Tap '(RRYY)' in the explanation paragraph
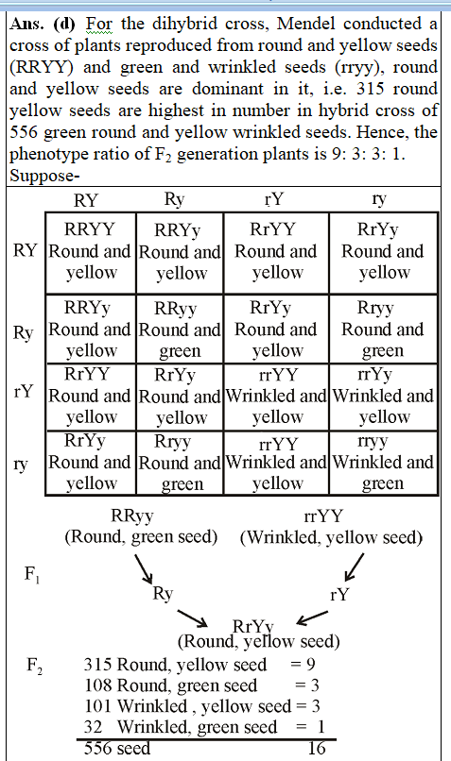42,67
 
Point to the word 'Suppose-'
44,176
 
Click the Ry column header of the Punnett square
174,199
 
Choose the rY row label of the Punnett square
25,391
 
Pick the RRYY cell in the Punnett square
91,252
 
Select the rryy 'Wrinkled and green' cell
383,463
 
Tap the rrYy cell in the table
383,397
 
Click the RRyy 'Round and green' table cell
180,330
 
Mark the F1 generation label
33,574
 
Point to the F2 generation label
34,665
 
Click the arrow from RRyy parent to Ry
144,568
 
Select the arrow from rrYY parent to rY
354,567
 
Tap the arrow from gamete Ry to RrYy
193,617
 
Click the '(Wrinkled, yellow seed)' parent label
331,537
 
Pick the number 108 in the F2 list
98,685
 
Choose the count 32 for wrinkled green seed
93,727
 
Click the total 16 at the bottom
317,748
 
